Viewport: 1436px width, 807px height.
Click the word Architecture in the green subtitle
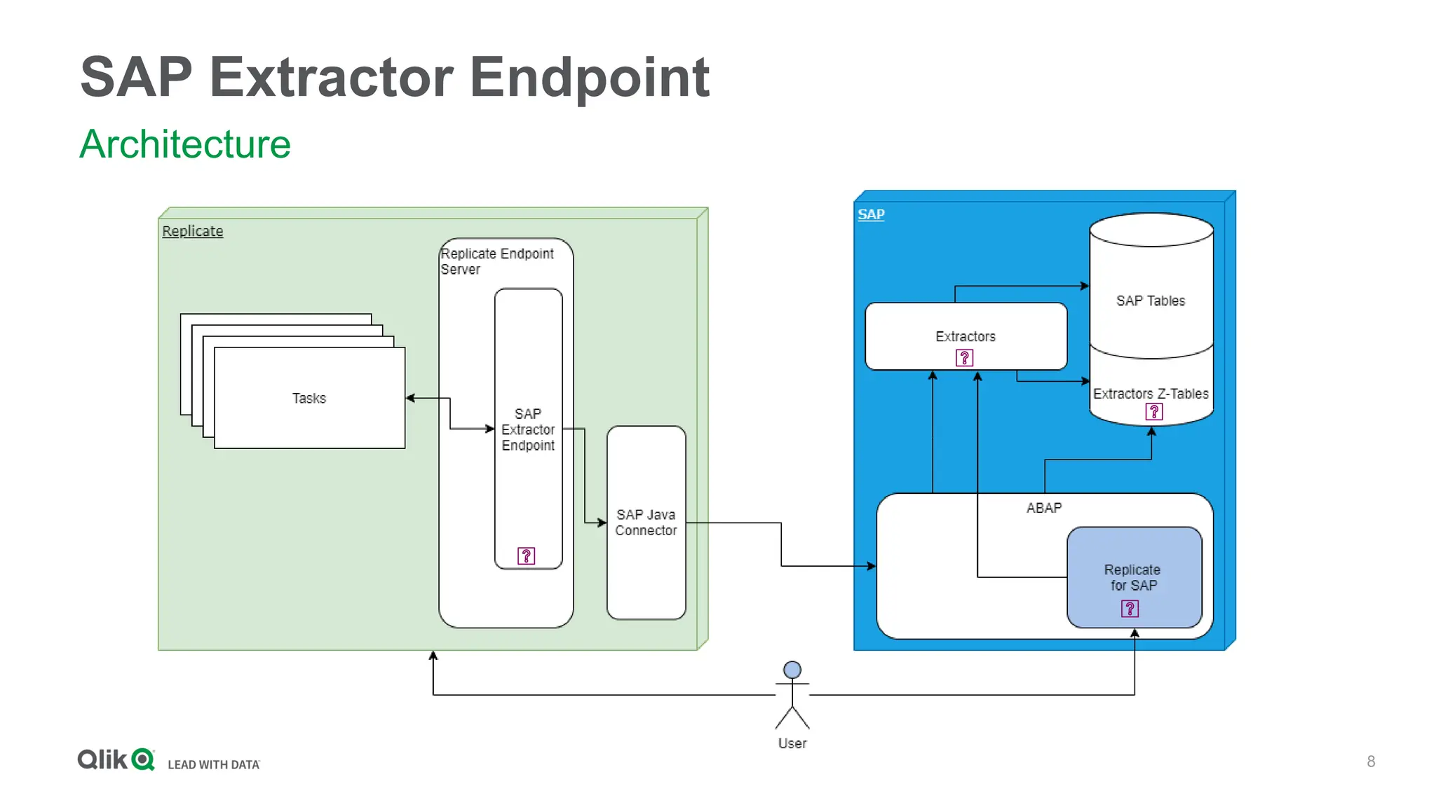point(185,144)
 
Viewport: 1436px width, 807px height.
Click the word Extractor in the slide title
point(331,77)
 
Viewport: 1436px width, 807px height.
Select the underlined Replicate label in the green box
point(192,231)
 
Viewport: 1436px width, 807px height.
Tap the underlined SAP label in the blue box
point(871,214)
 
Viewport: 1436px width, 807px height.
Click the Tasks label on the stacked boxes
point(309,399)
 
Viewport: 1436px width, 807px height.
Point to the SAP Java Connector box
point(646,523)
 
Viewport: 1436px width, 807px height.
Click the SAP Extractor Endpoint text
point(528,429)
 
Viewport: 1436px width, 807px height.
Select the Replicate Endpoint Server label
point(496,261)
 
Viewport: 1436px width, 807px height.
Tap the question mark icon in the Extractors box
point(964,358)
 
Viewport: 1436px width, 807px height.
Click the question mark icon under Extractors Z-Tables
point(1153,412)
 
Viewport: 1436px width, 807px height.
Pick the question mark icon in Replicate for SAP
point(1130,609)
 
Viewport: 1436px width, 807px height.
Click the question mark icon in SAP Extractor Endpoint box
point(526,556)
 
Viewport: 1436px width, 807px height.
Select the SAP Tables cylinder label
point(1151,301)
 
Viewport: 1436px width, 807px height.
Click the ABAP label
point(1044,508)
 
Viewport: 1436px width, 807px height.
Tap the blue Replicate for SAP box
point(1134,577)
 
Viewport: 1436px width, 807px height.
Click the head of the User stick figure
point(792,670)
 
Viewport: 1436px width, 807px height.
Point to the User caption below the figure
point(792,743)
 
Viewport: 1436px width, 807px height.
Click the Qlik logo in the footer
point(116,759)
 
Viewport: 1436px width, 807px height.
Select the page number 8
point(1371,761)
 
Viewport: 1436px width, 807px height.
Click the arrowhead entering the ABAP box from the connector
point(872,566)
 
